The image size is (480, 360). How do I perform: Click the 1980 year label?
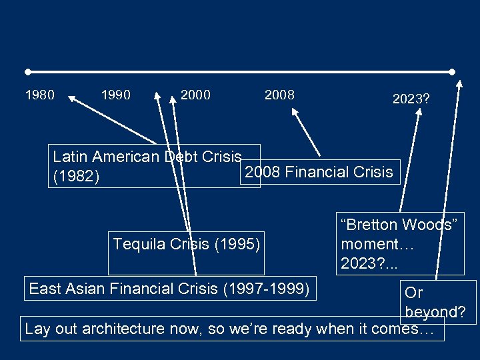tap(39, 95)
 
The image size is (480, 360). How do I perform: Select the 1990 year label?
tap(115, 95)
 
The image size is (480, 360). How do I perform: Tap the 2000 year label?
tap(195, 95)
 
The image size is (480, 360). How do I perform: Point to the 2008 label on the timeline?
tap(279, 95)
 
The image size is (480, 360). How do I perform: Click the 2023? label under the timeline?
tap(411, 99)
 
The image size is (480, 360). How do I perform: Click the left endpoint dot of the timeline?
tap(27, 71)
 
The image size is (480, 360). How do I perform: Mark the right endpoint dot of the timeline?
tap(453, 71)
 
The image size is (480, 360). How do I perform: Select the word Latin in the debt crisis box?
tap(69, 157)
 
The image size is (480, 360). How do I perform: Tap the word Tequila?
tap(139, 244)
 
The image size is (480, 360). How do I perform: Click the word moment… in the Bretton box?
tap(377, 244)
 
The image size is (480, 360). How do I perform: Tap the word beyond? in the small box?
tap(435, 312)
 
